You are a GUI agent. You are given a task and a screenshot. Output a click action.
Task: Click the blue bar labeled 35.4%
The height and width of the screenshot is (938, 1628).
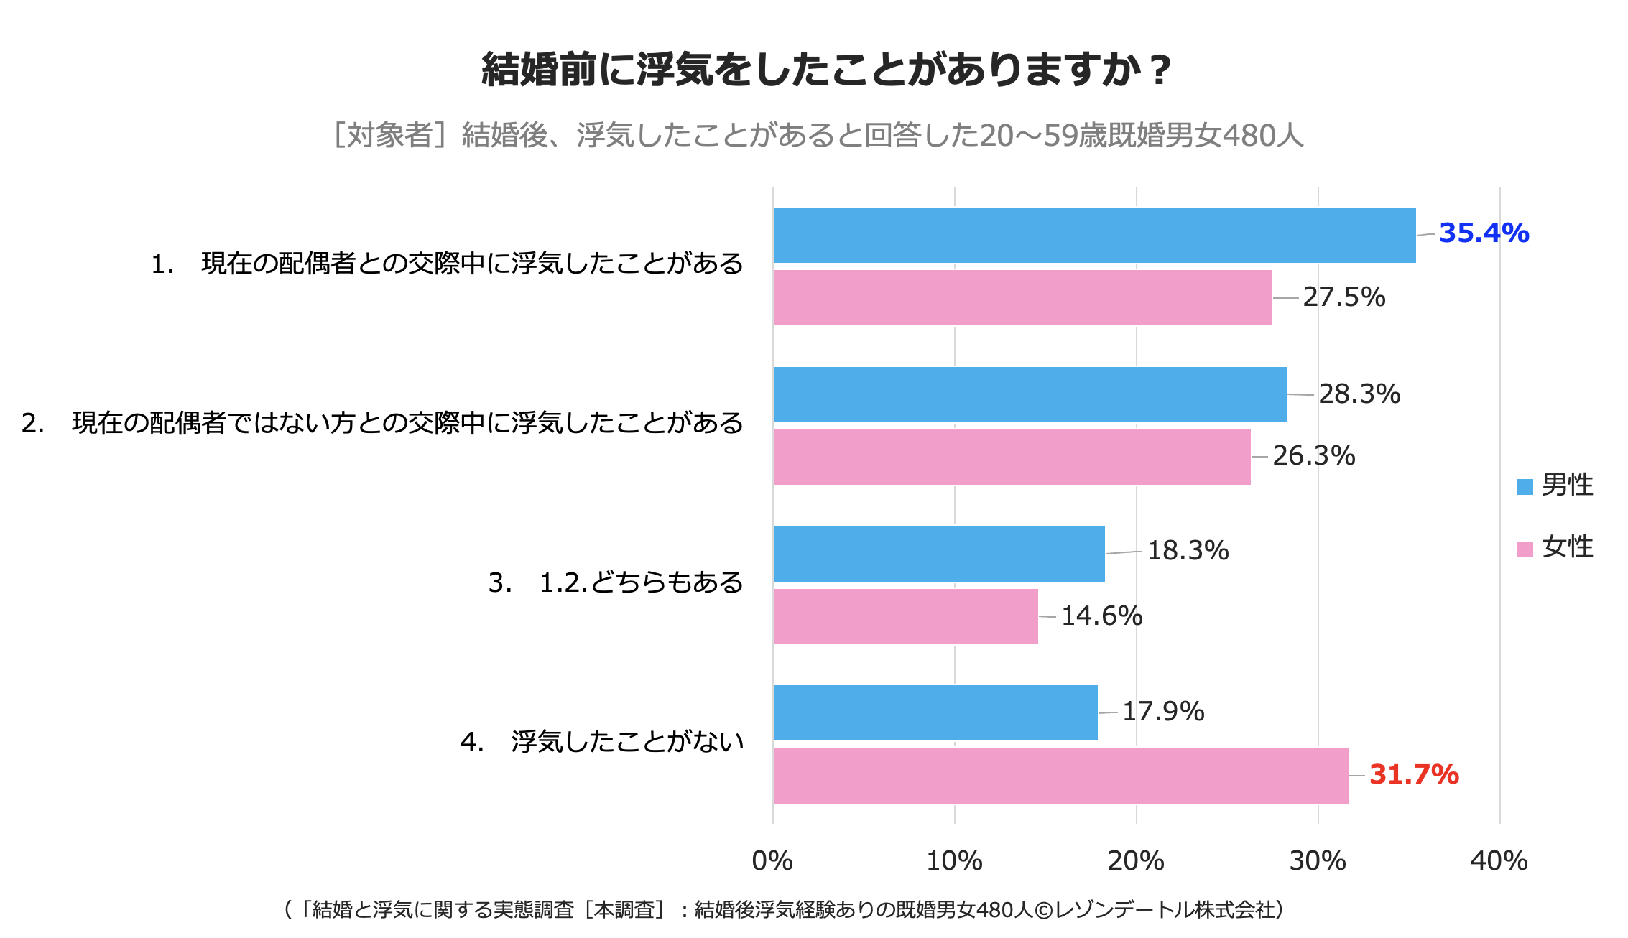[x=1094, y=235]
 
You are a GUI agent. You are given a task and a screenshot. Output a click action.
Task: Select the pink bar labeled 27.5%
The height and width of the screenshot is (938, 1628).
[x=1022, y=297]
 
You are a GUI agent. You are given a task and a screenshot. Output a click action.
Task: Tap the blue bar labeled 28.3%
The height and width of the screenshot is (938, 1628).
[x=1030, y=394]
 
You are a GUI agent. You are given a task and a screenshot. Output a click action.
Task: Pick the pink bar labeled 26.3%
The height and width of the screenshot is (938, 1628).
[x=1012, y=457]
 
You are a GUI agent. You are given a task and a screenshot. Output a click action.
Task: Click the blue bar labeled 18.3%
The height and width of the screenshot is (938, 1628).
[x=939, y=553]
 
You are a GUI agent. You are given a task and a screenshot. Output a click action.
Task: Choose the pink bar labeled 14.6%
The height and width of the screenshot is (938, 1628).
[x=905, y=616]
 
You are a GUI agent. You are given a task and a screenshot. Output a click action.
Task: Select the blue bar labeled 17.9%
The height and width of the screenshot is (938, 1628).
[x=935, y=712]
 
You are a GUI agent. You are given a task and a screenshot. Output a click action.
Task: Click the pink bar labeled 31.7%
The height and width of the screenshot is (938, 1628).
[x=1060, y=776]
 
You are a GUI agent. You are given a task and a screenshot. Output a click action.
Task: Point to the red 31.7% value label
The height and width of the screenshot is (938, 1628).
[x=1414, y=774]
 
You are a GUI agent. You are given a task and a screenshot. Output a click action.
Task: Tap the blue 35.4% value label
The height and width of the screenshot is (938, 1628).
[x=1484, y=233]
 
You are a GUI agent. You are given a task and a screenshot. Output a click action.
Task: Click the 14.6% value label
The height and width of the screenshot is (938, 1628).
[x=1101, y=616]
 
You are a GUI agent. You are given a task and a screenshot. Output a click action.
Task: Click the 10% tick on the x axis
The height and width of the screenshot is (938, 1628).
[x=954, y=860]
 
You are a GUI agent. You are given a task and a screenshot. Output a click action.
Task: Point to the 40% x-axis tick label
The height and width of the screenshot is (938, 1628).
[x=1499, y=860]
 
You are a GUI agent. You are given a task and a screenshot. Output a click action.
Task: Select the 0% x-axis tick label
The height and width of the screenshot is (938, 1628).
[x=772, y=860]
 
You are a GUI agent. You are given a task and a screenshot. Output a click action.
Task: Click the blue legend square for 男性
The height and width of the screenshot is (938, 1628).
[x=1525, y=486]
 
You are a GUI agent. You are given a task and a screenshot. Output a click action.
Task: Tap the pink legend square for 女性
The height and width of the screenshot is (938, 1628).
[x=1525, y=549]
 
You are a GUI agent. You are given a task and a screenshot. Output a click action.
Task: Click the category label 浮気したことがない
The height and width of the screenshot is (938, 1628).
[x=627, y=742]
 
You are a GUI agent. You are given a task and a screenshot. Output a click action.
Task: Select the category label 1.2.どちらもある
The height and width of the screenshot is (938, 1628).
[x=641, y=582]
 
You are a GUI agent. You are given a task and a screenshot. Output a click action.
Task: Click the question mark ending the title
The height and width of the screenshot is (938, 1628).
[x=1159, y=70]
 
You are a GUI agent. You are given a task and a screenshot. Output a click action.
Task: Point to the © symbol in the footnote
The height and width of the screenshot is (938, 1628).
[x=1044, y=910]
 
